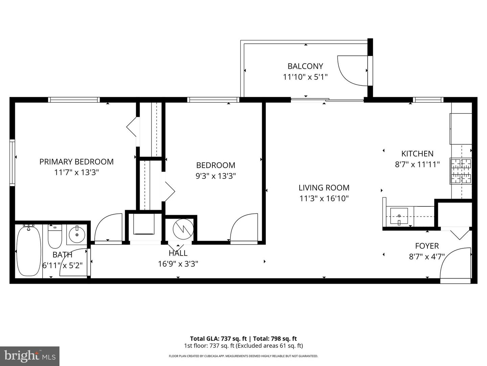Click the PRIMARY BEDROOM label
pos(76,162)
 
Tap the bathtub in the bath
pos(29,250)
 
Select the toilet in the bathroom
pos(55,237)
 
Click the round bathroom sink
pos(77,234)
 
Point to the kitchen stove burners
pos(461,171)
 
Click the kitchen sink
pos(399,216)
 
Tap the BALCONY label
pos(305,66)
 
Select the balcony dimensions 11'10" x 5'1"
pos(305,77)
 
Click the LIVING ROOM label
pos(324,187)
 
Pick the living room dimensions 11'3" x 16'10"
pos(324,198)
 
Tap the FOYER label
pos(427,246)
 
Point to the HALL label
pos(178,253)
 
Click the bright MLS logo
pos(30,356)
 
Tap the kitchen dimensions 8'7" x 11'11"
pos(417,164)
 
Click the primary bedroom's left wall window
pos(13,163)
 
